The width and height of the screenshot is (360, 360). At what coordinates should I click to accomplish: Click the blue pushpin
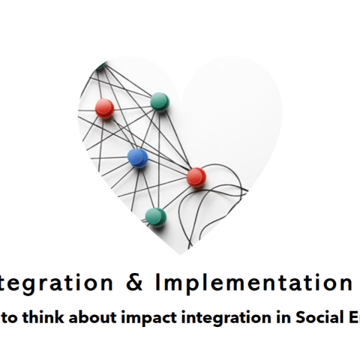coord(137,158)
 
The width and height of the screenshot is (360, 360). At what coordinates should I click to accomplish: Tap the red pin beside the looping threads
coord(196,176)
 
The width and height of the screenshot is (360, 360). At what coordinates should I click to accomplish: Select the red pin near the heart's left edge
coord(104,108)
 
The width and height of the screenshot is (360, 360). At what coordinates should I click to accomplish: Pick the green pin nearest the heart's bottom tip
coord(155,215)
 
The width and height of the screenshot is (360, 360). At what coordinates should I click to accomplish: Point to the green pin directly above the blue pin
coord(159,100)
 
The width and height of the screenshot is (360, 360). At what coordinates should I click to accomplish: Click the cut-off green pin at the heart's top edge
coord(102,63)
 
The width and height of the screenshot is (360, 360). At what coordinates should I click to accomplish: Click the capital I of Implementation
coord(158,281)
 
